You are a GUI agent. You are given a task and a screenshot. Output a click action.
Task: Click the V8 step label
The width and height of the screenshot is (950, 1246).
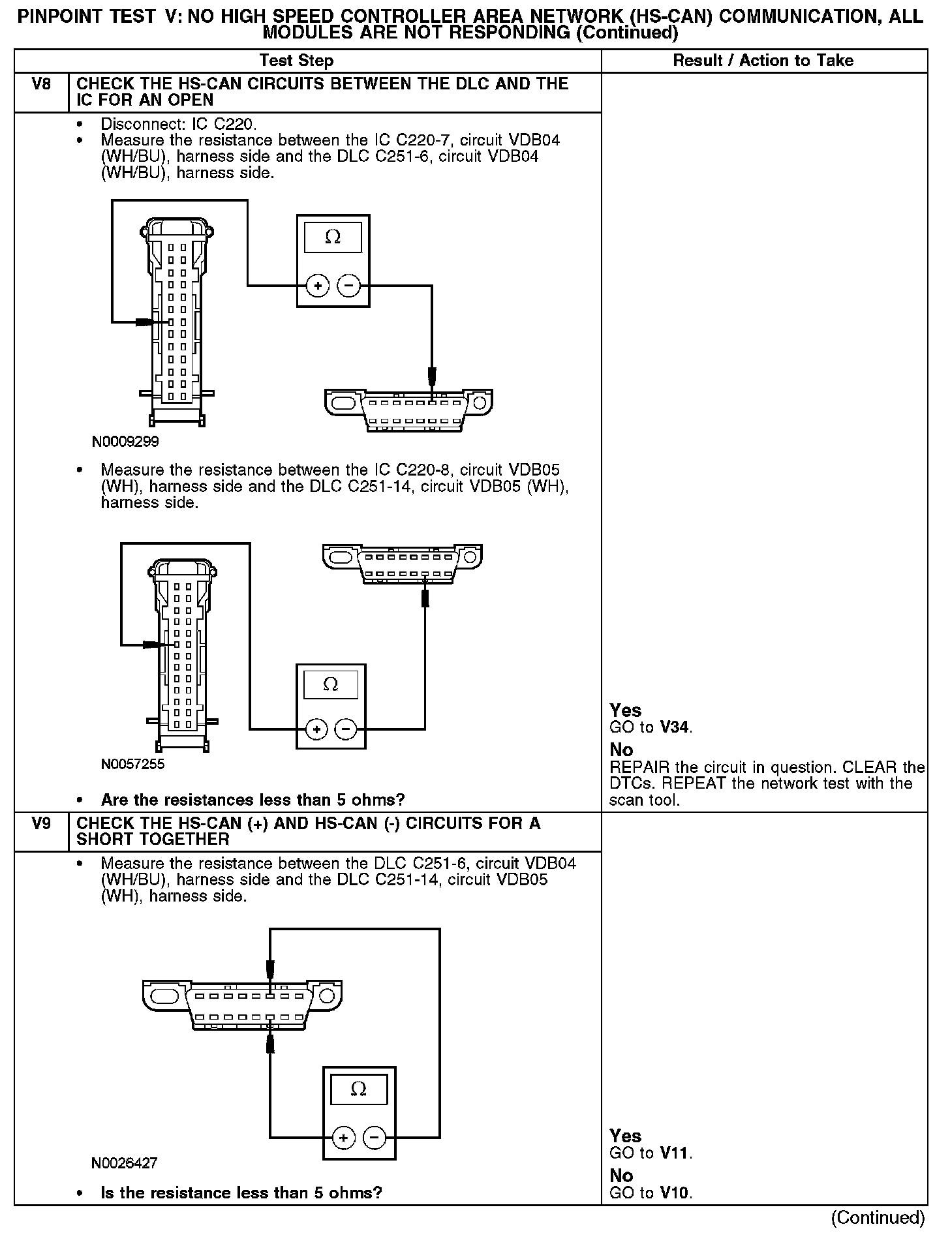(x=41, y=84)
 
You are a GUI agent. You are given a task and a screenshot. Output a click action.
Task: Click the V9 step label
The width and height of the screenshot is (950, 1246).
(x=41, y=823)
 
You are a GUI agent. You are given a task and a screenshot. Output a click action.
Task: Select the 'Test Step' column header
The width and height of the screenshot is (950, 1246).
(x=296, y=61)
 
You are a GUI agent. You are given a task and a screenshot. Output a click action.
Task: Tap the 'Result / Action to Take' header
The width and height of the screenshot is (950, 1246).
(x=763, y=61)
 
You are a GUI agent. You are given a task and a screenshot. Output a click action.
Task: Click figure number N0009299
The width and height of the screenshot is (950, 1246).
(x=125, y=442)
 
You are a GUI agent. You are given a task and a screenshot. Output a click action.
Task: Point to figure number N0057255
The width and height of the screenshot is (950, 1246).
(x=132, y=764)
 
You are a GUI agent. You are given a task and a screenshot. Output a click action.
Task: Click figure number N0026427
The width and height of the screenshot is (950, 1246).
(x=124, y=1163)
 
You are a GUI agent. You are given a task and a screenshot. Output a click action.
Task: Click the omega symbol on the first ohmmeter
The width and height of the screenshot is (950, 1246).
(x=333, y=237)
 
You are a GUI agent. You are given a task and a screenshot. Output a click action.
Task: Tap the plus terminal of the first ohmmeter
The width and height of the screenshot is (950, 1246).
(x=318, y=286)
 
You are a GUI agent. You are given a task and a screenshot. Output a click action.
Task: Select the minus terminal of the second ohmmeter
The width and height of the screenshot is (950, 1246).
(x=346, y=729)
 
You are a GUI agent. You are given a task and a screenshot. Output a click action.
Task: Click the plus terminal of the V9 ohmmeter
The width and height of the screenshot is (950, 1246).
(x=344, y=1138)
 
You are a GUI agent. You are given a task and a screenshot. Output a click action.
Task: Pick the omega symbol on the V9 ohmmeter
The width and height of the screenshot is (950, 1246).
(x=358, y=1089)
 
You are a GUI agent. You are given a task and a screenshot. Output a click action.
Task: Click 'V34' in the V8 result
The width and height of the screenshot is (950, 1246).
(x=675, y=727)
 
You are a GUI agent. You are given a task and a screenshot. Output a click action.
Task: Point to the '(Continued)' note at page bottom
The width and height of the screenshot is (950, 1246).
(x=878, y=1217)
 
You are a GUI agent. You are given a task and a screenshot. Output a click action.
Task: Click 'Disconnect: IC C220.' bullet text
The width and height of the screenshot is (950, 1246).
(x=178, y=124)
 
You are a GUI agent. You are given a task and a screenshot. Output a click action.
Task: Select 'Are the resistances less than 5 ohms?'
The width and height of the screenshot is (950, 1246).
(x=253, y=800)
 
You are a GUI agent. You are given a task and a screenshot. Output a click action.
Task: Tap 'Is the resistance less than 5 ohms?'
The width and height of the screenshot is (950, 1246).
(x=241, y=1193)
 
